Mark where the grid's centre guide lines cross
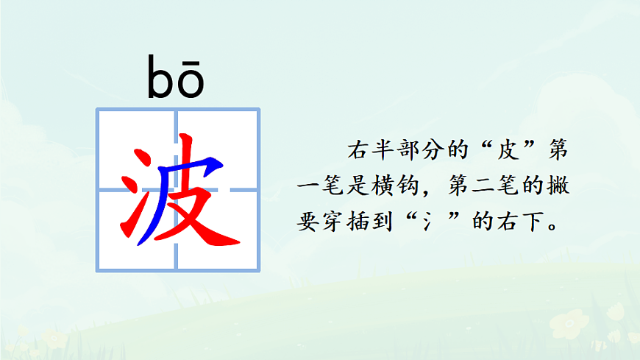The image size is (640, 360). [x=177, y=189]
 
